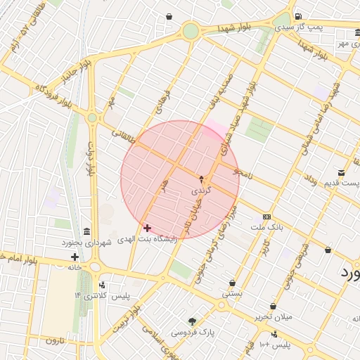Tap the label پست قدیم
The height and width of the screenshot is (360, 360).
341,184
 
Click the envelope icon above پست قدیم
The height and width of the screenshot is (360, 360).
341,173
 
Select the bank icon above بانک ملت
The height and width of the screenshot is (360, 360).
266,217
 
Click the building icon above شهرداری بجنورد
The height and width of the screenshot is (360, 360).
86,232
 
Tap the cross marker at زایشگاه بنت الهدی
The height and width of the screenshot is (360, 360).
146,228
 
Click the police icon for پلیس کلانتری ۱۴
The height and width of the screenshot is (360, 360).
103,285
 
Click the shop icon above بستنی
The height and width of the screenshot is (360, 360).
232,283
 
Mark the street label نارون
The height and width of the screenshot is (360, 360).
55,340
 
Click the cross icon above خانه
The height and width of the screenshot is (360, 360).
75,257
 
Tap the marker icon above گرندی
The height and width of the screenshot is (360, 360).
202,179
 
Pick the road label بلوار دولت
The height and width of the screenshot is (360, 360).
91,160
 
